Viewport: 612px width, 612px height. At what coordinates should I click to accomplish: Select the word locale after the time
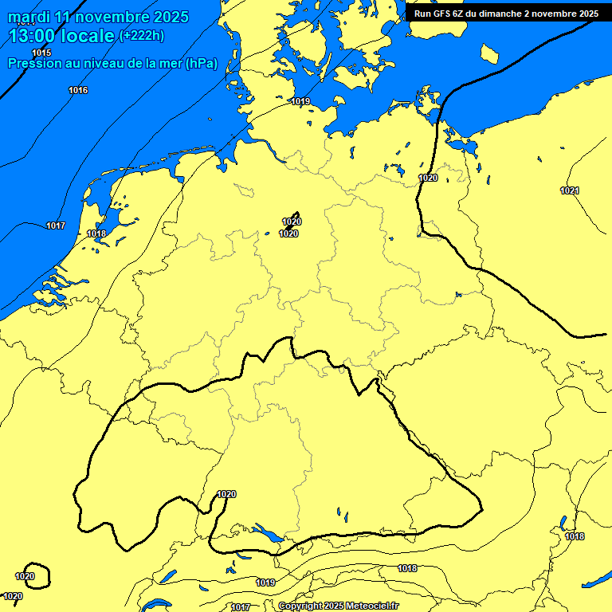(x=88, y=35)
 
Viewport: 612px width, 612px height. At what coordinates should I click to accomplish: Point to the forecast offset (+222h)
(x=141, y=35)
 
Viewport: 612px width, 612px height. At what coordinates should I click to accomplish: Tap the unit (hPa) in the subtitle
(x=201, y=64)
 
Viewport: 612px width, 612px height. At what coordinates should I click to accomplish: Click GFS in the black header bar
(x=443, y=14)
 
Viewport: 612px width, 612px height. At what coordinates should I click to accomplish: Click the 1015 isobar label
(x=41, y=53)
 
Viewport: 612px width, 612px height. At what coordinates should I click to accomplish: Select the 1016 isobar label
(x=78, y=90)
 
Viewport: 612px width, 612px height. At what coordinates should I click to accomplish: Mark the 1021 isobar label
(x=570, y=190)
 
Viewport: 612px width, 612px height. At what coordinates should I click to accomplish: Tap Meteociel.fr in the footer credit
(x=372, y=606)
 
